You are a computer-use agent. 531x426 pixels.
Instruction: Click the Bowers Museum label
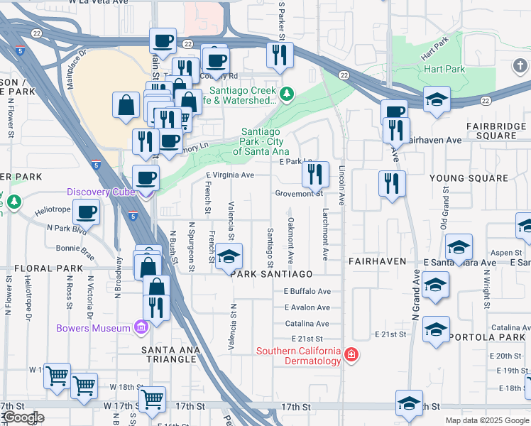[94, 327]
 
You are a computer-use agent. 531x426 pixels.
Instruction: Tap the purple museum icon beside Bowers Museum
[141, 327]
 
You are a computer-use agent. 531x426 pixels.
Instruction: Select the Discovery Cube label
[99, 192]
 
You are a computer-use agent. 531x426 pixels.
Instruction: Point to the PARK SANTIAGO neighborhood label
[271, 274]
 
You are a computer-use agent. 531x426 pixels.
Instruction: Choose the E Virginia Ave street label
[229, 175]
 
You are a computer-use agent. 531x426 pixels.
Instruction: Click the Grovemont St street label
[299, 193]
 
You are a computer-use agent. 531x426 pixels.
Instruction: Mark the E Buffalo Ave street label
[307, 291]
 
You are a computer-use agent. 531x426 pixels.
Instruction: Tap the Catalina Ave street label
[307, 323]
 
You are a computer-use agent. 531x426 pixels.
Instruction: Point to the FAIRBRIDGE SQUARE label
[496, 131]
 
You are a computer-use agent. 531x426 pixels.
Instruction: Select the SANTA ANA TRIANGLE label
[178, 355]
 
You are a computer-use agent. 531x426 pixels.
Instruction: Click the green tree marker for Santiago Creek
[287, 93]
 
